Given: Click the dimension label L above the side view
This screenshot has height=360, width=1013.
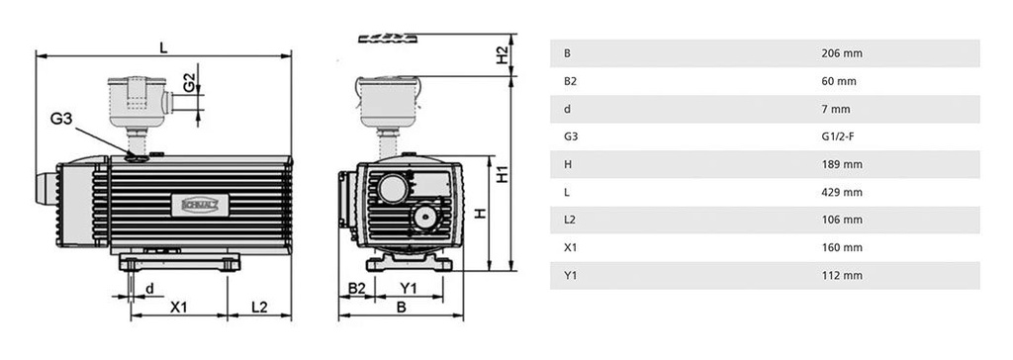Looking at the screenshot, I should pyautogui.click(x=163, y=46).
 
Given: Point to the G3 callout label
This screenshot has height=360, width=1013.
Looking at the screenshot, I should pyautogui.click(x=62, y=120).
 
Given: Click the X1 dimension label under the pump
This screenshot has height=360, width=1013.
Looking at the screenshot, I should pyautogui.click(x=178, y=308).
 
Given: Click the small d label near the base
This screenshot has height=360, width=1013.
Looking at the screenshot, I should pyautogui.click(x=149, y=289).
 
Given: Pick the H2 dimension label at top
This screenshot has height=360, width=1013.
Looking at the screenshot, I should pyautogui.click(x=503, y=55).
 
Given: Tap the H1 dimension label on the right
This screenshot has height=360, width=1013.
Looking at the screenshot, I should pyautogui.click(x=503, y=174).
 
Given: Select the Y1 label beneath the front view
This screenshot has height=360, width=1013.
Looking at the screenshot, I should pyautogui.click(x=407, y=289).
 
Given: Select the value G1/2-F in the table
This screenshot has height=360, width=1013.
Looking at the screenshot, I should pyautogui.click(x=839, y=136).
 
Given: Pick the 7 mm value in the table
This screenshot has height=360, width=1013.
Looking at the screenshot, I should pyautogui.click(x=836, y=109).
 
